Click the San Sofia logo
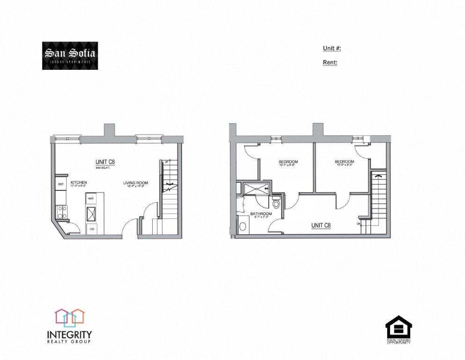(x=70, y=56)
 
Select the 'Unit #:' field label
(x=332, y=48)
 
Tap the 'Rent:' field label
(x=330, y=62)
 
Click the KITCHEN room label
(x=79, y=182)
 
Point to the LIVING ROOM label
(x=135, y=183)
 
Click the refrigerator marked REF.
(x=61, y=184)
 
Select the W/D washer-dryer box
(x=90, y=198)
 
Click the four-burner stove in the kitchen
(x=61, y=211)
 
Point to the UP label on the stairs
(x=167, y=161)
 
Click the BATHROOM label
(x=261, y=213)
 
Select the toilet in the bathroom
(x=276, y=204)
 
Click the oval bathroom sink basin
(x=243, y=226)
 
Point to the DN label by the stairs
(x=359, y=224)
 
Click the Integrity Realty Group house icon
(x=69, y=317)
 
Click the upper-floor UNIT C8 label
(x=321, y=225)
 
